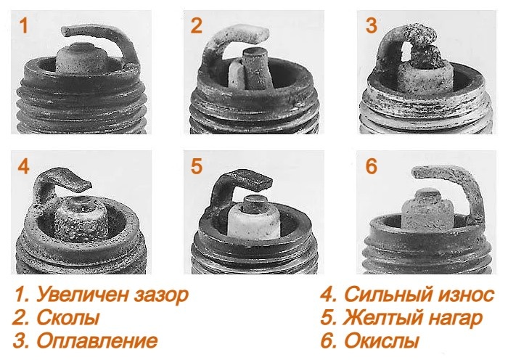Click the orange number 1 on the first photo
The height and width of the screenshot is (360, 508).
click(x=23, y=27)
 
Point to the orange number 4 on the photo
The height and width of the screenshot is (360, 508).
click(x=23, y=166)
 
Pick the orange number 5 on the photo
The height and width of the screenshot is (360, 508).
click(x=197, y=166)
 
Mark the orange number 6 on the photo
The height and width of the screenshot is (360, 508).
click(x=371, y=166)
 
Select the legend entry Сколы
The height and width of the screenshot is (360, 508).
click(x=57, y=318)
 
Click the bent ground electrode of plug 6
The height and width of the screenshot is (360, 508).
click(x=450, y=178)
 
